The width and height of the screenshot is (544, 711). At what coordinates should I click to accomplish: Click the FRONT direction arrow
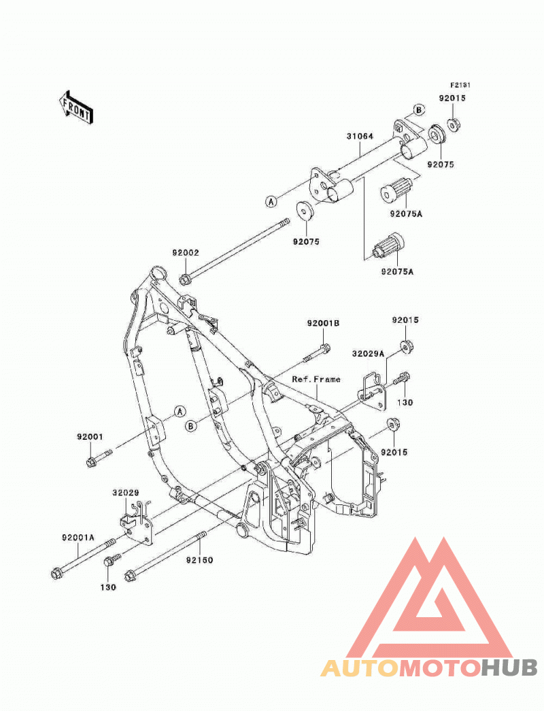click(x=76, y=107)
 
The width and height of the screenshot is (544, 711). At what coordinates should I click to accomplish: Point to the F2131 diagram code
click(x=460, y=85)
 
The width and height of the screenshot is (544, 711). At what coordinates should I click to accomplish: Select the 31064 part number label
click(x=360, y=136)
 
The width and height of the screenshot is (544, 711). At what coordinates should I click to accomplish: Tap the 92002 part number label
click(x=185, y=253)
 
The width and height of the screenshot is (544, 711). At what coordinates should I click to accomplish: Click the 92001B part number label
click(x=323, y=324)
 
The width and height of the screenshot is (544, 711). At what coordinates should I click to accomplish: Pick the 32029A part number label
click(x=368, y=353)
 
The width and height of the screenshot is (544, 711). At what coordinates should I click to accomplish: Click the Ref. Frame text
click(x=316, y=379)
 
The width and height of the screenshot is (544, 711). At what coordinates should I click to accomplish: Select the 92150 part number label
click(x=199, y=561)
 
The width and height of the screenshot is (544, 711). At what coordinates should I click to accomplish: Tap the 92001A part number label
click(x=78, y=538)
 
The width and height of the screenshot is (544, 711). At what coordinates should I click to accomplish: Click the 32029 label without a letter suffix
click(x=126, y=493)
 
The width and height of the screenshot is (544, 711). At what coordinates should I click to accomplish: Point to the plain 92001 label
click(x=90, y=437)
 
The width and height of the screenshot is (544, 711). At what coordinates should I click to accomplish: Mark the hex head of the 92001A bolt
click(x=56, y=574)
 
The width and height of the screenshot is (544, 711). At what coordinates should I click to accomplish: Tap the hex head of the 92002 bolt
click(x=184, y=279)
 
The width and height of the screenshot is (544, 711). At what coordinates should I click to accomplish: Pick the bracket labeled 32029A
click(x=373, y=392)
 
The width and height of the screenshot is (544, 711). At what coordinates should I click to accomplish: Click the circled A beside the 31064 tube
click(x=271, y=201)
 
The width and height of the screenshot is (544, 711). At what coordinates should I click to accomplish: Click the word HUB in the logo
click(x=509, y=668)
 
